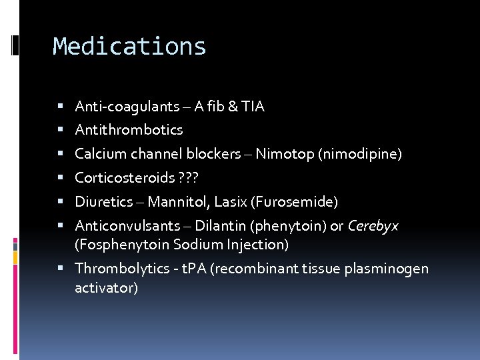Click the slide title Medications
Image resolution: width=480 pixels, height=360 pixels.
coord(129,46)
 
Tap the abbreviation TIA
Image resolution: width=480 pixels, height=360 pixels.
coord(253,107)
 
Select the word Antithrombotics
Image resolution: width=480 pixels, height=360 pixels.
coord(129,130)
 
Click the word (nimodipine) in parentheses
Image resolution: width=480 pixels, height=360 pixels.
coord(360,154)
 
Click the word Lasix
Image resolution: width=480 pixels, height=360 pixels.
coord(230,202)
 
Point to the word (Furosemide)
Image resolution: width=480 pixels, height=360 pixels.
coord(294,202)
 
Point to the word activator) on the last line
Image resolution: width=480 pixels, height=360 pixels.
coord(107,288)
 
